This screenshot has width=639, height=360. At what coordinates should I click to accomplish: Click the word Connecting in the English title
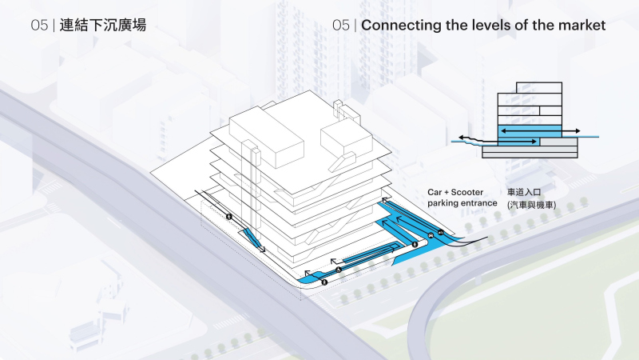(402, 26)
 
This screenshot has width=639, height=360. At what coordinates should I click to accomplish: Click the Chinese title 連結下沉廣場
(103, 26)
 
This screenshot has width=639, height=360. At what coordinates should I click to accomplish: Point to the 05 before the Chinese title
(39, 26)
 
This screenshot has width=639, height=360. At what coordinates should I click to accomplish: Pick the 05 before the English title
(341, 26)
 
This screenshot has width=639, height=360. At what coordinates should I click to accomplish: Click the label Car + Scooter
(455, 193)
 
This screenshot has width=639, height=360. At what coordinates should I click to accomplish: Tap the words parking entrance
(462, 203)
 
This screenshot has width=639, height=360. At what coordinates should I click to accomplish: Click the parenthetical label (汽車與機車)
(531, 205)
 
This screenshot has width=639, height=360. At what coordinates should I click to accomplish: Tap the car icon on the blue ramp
(440, 233)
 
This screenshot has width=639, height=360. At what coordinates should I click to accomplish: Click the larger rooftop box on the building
(268, 137)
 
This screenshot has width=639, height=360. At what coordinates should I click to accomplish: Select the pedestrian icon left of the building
(228, 216)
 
